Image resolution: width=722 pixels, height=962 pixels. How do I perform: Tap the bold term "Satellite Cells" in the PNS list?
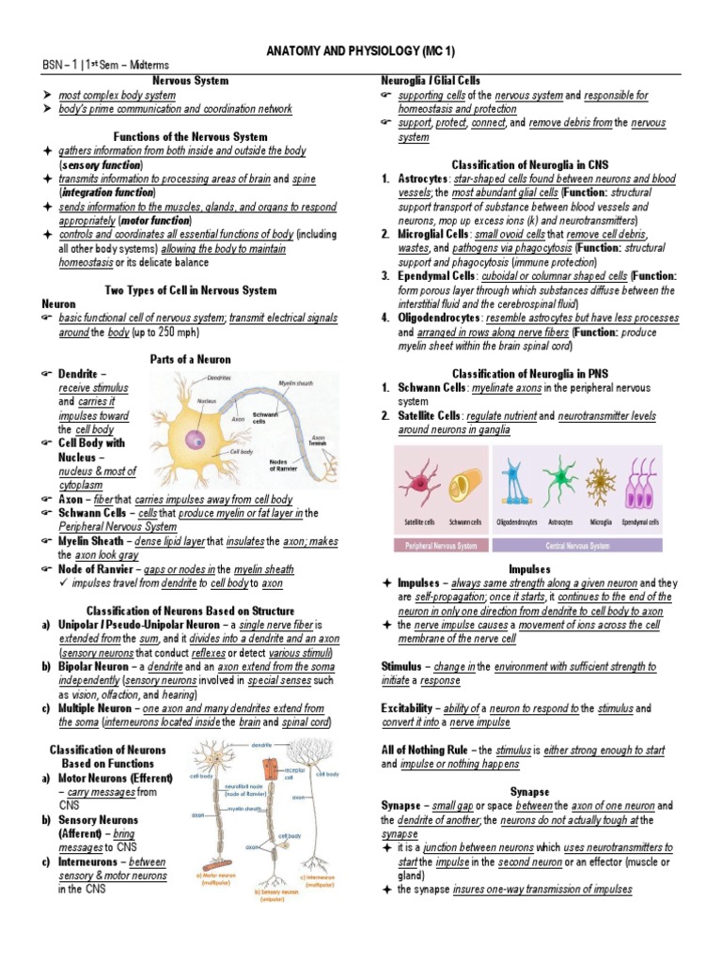click(428, 415)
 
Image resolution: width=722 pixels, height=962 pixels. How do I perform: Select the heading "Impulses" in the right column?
click(529, 569)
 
